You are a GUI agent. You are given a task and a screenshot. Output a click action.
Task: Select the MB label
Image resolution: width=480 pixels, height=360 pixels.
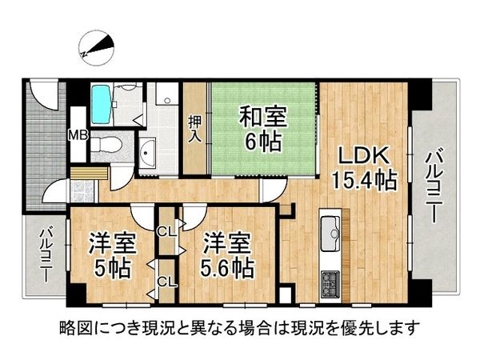(78, 134)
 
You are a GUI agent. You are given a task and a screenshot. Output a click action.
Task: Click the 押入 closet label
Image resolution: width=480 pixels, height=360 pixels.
(195, 129)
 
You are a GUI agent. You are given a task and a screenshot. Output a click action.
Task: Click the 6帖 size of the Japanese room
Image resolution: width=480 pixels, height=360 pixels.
(262, 143)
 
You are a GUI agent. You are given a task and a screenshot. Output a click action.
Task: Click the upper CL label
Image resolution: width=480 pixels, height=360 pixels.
(166, 233)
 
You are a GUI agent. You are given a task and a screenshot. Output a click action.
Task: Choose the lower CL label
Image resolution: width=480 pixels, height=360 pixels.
(166, 281)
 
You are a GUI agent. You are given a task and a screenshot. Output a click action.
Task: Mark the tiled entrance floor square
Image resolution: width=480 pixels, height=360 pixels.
(82, 191)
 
